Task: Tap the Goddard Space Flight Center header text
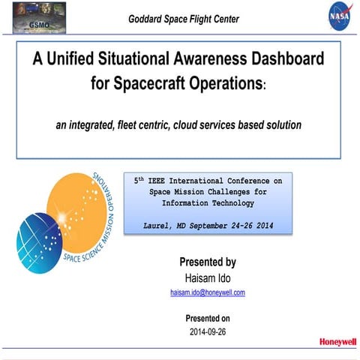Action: (x=184, y=19)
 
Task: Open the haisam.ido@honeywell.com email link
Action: (x=207, y=292)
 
